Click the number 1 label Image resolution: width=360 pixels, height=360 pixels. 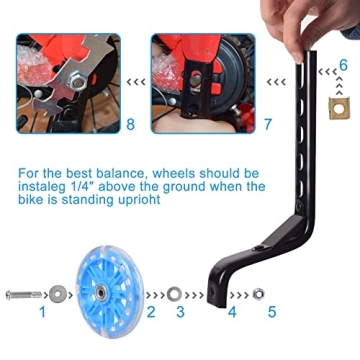(42, 312)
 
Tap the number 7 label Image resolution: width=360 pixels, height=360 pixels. (267, 125)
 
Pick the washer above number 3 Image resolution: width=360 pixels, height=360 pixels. (175, 295)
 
